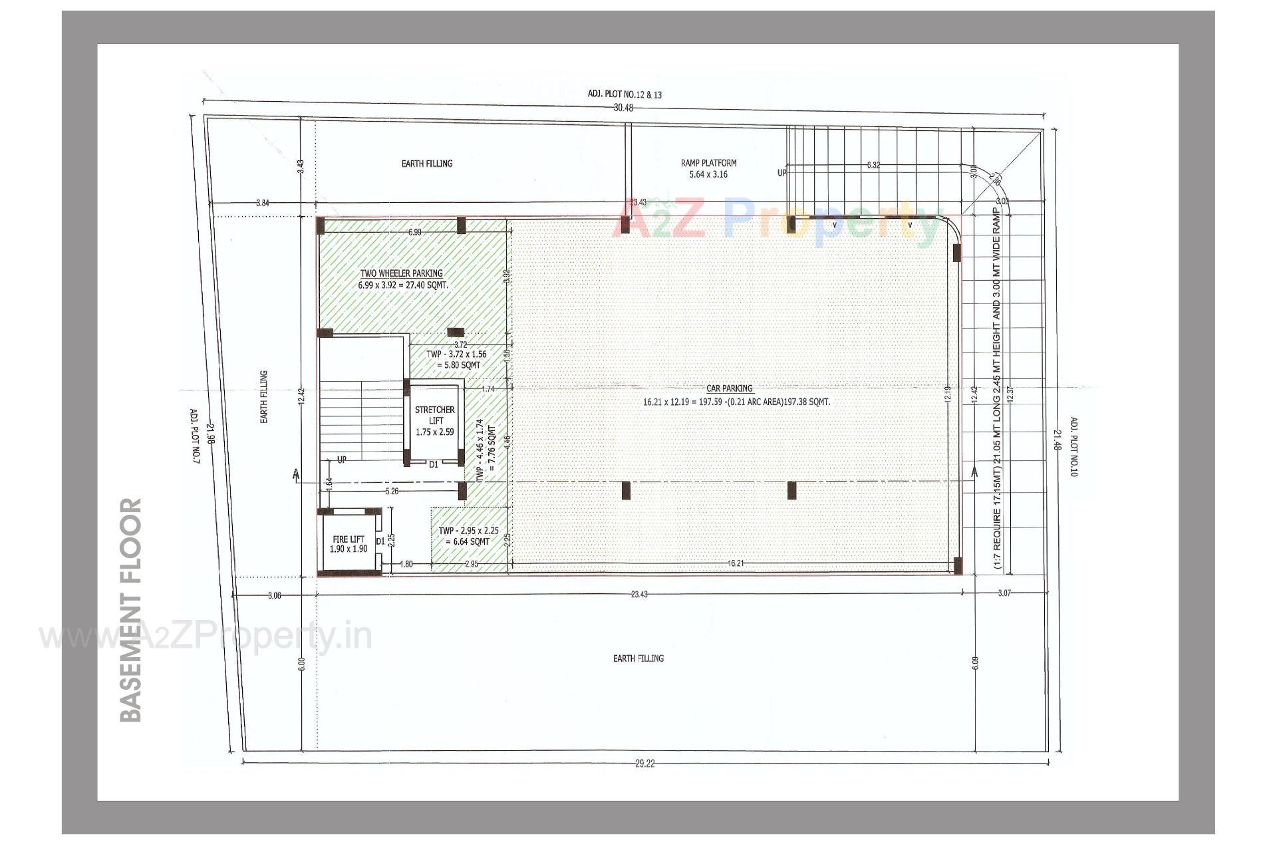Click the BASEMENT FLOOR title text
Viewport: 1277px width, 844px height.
(x=132, y=609)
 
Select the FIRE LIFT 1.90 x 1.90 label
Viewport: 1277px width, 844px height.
(x=349, y=544)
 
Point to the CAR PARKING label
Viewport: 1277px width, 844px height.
(x=730, y=388)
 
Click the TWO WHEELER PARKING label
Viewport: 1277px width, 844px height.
(x=402, y=273)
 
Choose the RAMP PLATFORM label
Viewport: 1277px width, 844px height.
(x=708, y=163)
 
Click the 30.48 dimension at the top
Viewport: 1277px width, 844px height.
(x=623, y=108)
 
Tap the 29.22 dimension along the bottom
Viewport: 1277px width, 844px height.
(x=644, y=764)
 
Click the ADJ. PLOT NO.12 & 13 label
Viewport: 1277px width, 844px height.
(x=625, y=94)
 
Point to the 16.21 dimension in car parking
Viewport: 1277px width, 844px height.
(x=735, y=563)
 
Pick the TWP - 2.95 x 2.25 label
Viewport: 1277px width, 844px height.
(x=468, y=531)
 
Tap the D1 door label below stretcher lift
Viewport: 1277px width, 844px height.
(x=433, y=465)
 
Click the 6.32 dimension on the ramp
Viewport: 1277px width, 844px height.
(x=873, y=165)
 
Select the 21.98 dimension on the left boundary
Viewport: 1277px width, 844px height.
(x=210, y=434)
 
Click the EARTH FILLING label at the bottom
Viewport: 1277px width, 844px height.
(x=638, y=658)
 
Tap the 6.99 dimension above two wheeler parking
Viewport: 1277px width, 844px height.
(x=414, y=232)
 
